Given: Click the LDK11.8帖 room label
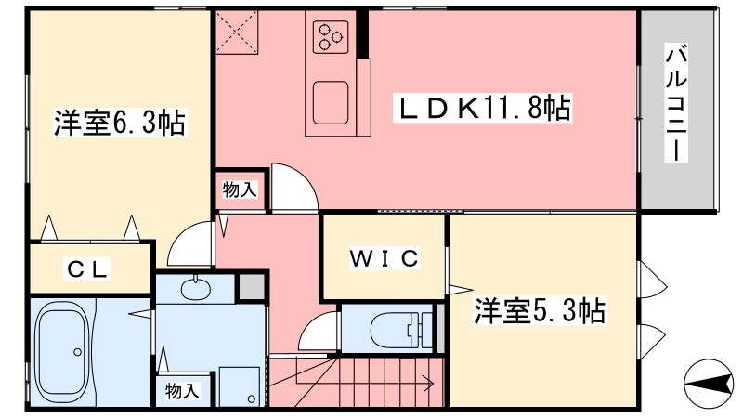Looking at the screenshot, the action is (x=483, y=108).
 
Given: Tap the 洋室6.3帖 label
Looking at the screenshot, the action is (x=120, y=123).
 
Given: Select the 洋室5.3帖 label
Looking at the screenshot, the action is (x=541, y=311).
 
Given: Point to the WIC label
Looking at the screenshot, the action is (x=385, y=258).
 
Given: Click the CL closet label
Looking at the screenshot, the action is (x=87, y=269).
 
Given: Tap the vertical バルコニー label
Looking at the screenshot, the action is (x=676, y=103).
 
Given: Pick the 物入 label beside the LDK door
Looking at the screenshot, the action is (x=240, y=190).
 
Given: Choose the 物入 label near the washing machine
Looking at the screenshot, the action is (x=182, y=391).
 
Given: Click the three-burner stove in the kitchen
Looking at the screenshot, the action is (x=331, y=37).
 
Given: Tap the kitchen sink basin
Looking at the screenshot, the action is (x=331, y=103).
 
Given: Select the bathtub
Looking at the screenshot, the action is (x=63, y=352).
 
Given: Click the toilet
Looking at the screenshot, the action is (x=402, y=329).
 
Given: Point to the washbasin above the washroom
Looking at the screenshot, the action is (x=195, y=288).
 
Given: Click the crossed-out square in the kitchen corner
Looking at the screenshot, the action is (x=237, y=32).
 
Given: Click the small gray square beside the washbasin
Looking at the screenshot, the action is (x=251, y=286).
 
